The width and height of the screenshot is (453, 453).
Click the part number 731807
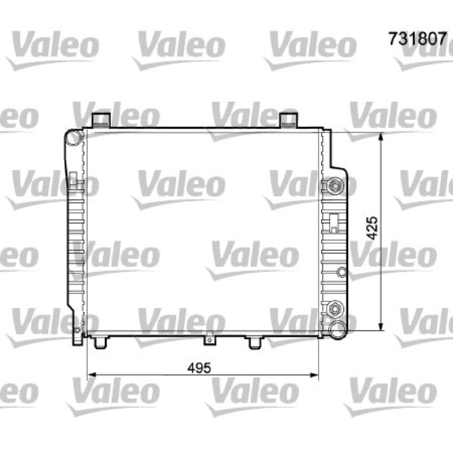[418, 39]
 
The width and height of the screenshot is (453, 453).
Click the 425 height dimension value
[372, 228]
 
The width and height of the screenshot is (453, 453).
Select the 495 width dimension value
[199, 368]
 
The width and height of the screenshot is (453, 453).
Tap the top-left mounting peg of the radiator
[101, 120]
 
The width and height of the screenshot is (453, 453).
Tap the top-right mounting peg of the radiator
[289, 120]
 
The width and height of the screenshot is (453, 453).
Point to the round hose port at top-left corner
[74, 138]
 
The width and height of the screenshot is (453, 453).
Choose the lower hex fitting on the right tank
[335, 309]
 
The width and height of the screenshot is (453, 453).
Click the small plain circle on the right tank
[342, 272]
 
